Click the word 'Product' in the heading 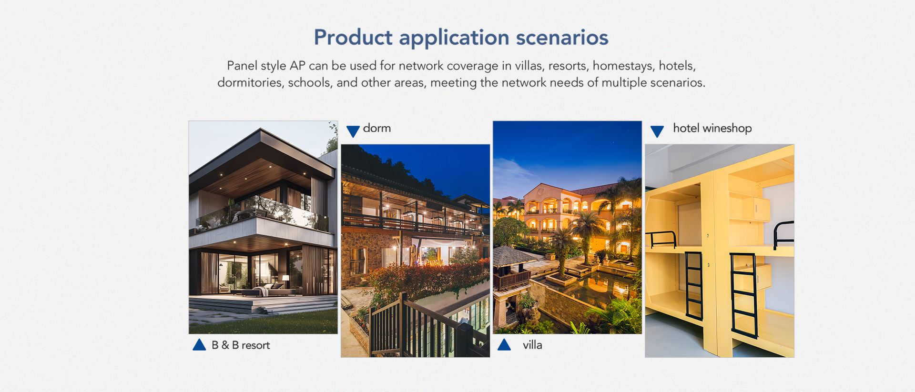(353, 38)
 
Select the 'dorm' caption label (376, 128)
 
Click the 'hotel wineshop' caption (712, 129)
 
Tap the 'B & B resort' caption (241, 345)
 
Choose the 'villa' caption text (532, 345)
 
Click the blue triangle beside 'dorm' (353, 131)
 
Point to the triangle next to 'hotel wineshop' (657, 131)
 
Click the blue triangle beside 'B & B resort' (199, 345)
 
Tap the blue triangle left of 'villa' (504, 345)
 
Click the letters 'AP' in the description (297, 66)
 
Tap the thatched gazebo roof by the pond (513, 256)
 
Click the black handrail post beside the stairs (403, 324)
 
